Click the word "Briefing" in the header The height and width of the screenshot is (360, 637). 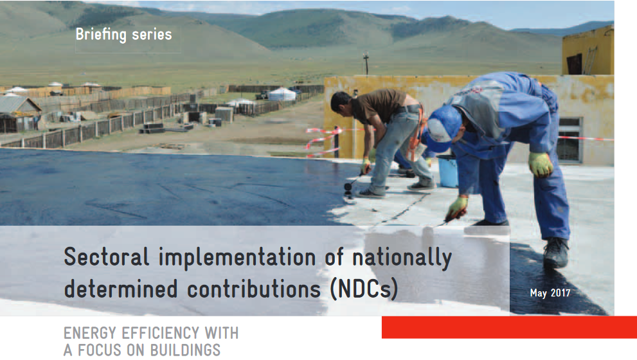[x=101, y=35]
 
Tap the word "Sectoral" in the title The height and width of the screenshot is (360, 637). [x=107, y=256]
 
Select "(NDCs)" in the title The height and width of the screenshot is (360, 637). [x=364, y=289]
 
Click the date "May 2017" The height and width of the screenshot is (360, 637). [x=550, y=293]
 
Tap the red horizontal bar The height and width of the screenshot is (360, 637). [x=510, y=327]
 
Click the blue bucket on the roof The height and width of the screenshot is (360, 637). [x=447, y=171]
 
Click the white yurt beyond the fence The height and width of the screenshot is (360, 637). [x=282, y=94]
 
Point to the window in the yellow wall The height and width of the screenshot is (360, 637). [x=569, y=139]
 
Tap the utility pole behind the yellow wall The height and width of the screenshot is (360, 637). [x=366, y=63]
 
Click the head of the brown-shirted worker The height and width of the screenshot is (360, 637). [x=341, y=102]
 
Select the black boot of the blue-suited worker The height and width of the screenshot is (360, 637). [x=556, y=251]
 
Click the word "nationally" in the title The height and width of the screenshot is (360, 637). [x=402, y=258]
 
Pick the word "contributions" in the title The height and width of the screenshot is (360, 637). [x=254, y=289]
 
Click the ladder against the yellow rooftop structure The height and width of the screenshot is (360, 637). [x=590, y=60]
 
